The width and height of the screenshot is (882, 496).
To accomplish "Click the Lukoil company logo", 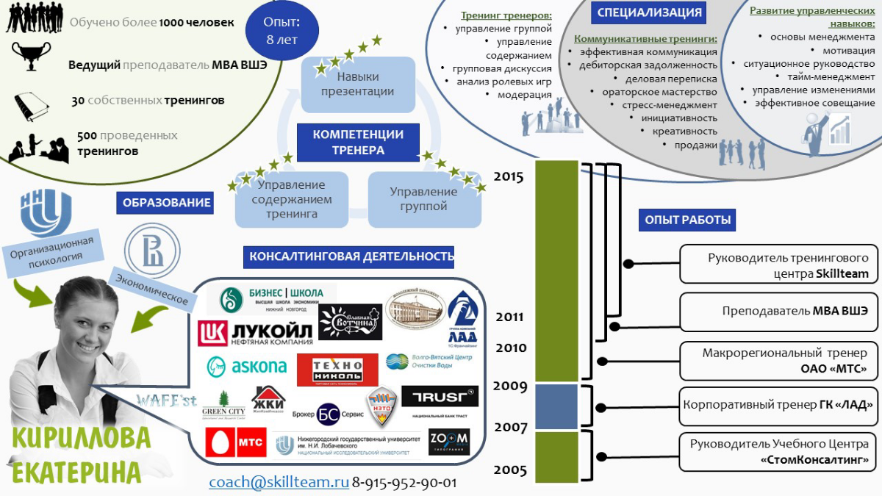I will (x=255, y=332).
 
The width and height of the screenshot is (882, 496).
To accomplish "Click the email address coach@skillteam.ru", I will (x=279, y=483).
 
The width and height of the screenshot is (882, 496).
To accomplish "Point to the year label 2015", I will (x=509, y=176).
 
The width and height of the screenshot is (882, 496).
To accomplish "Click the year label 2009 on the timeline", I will (x=510, y=386).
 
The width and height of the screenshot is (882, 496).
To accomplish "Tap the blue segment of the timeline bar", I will (x=556, y=406).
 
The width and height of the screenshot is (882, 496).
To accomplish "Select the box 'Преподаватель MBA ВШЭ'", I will (x=778, y=311).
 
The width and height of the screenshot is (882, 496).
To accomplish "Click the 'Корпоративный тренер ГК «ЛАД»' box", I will (x=778, y=405).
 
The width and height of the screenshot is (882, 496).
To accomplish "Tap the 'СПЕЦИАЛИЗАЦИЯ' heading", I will (x=650, y=12).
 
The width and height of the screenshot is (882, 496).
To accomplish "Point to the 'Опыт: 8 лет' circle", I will (x=282, y=30).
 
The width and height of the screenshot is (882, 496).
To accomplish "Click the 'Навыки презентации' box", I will (x=357, y=85).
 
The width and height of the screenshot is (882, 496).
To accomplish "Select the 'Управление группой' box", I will (x=423, y=199).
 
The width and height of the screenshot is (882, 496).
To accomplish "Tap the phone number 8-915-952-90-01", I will (x=404, y=483).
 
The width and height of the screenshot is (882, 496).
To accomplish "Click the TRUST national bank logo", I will (x=440, y=398).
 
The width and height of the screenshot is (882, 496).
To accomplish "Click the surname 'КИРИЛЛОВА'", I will (x=82, y=438).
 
